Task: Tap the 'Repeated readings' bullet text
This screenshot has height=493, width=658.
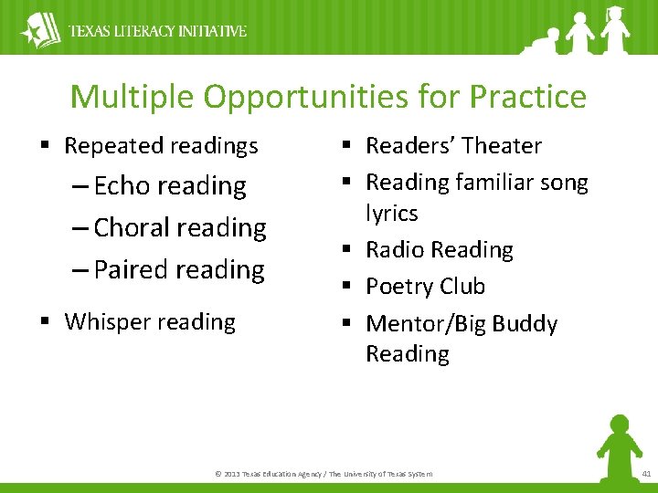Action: coord(161,146)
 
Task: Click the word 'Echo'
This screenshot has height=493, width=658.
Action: coord(122,186)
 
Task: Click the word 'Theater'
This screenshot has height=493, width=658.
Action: coord(501,146)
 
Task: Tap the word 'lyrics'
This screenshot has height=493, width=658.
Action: coord(392,214)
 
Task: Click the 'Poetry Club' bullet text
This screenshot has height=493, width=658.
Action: coord(425,287)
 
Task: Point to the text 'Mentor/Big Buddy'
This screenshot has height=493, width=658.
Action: coord(462,324)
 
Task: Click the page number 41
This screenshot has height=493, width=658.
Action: coord(645,473)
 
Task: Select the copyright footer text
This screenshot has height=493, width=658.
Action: coord(324,473)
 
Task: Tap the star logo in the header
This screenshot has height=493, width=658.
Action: coord(39,30)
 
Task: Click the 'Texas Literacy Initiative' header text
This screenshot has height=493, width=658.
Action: coord(158,31)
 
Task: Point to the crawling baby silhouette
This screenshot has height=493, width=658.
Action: coord(537,42)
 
